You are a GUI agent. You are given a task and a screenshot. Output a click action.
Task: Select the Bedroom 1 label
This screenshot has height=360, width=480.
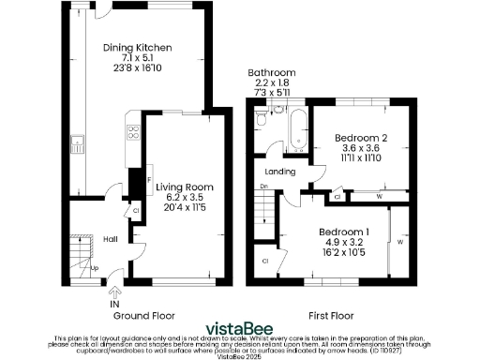coord(343,232)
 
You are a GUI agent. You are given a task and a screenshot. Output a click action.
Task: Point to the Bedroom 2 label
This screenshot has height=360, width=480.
coord(361,137)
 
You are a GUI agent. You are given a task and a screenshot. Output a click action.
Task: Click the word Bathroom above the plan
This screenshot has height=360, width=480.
coord(272,73)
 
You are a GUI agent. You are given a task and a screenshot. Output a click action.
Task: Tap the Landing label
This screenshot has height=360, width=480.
coord(281,172)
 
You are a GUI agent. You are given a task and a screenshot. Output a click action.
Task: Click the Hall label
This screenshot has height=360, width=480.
coord(110,239)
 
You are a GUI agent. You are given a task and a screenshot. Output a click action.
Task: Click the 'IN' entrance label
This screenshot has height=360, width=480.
coord(114,304)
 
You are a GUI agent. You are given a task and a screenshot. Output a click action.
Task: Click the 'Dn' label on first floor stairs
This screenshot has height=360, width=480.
coord(264,187)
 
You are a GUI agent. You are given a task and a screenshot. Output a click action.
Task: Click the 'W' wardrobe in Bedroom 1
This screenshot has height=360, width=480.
coord(399,242)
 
